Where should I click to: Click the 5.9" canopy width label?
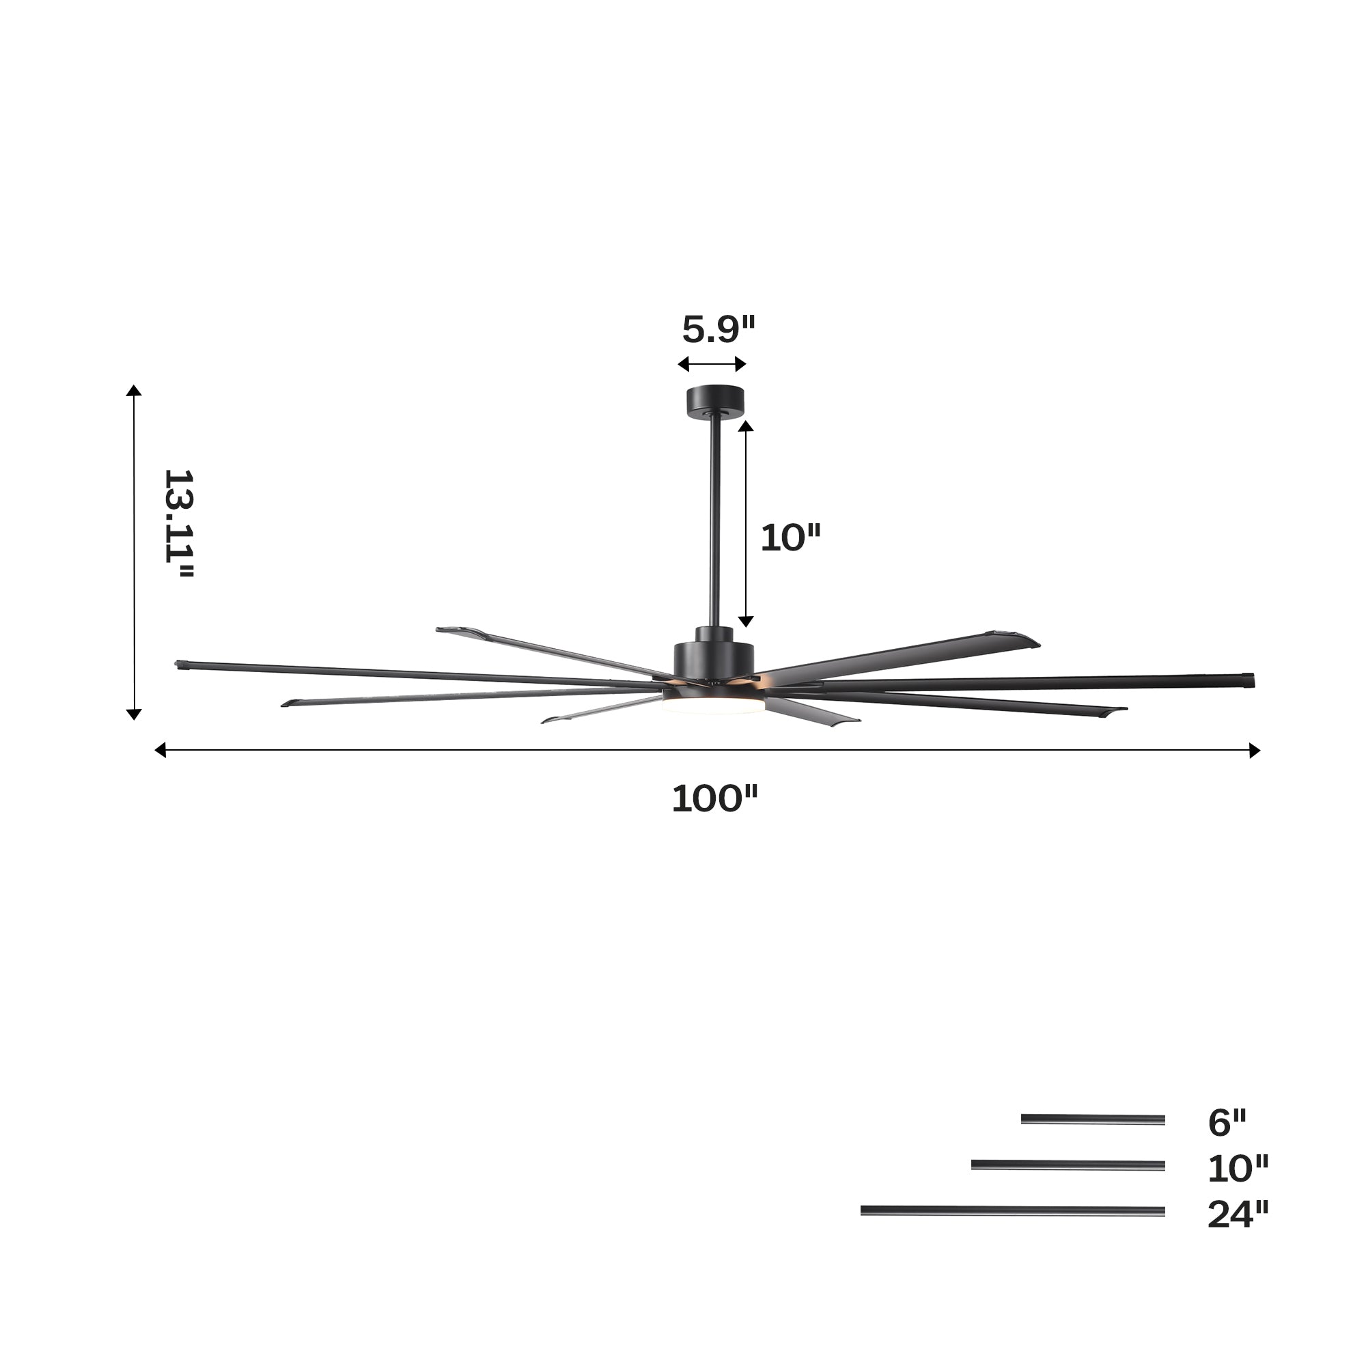(x=719, y=329)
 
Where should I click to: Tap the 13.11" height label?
(x=178, y=525)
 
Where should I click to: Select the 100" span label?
(x=714, y=800)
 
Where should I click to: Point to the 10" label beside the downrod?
(x=790, y=538)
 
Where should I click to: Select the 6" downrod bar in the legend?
(x=1092, y=1119)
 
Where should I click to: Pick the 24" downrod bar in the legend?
(x=1012, y=1211)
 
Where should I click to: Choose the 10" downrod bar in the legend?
(x=1068, y=1165)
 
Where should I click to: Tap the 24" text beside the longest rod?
(x=1238, y=1214)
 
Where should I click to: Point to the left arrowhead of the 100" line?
(x=160, y=750)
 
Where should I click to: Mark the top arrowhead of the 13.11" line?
(x=134, y=391)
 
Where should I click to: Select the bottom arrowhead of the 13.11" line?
(x=134, y=715)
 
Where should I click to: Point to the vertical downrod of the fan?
(x=714, y=523)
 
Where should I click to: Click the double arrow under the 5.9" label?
(x=712, y=364)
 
